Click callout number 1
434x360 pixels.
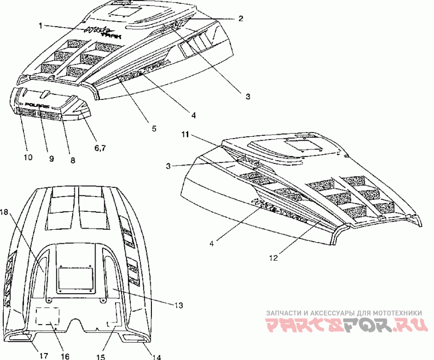point(41,24)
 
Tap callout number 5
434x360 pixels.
point(154,129)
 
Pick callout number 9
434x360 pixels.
point(52,159)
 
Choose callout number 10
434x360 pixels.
point(28,157)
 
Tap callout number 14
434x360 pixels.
point(157,357)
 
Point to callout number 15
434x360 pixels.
point(100,356)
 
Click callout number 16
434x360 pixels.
point(65,356)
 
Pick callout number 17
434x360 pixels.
point(43,356)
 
